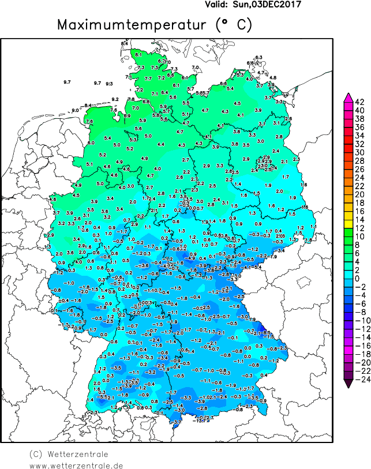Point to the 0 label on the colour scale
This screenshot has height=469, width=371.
pos(359,279)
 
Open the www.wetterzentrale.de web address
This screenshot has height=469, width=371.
pos(76,465)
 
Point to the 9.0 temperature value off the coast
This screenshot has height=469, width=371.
pos(75,110)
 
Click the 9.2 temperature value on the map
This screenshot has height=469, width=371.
pos(115,99)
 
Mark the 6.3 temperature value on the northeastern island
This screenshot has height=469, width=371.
pos(258,57)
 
